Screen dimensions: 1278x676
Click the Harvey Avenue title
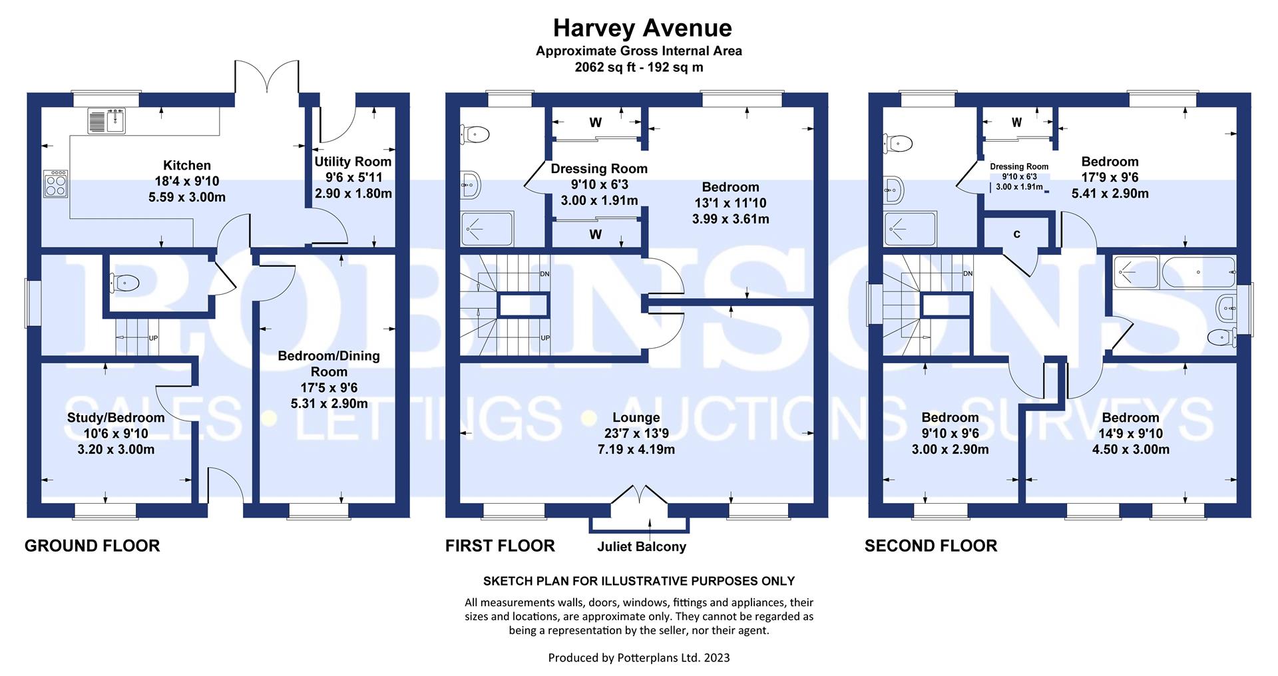[x=642, y=28]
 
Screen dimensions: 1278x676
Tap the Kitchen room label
[x=187, y=166]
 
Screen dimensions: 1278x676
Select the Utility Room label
[x=353, y=162]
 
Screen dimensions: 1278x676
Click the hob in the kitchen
[x=56, y=184]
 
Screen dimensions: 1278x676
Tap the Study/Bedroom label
[x=116, y=418]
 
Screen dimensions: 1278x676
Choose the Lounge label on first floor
[x=636, y=418]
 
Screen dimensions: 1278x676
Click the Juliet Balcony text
[x=642, y=547]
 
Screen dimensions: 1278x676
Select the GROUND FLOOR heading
[x=93, y=546]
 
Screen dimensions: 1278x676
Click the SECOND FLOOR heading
[x=931, y=546]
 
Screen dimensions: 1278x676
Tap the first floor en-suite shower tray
[x=487, y=230]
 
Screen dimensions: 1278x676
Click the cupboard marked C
[x=1016, y=234]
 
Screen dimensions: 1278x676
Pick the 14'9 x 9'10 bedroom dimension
[x=1131, y=434]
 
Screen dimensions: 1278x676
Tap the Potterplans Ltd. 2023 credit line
[x=639, y=658]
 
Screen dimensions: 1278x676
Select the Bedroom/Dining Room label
[x=329, y=363]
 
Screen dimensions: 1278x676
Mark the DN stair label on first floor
[x=544, y=274]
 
